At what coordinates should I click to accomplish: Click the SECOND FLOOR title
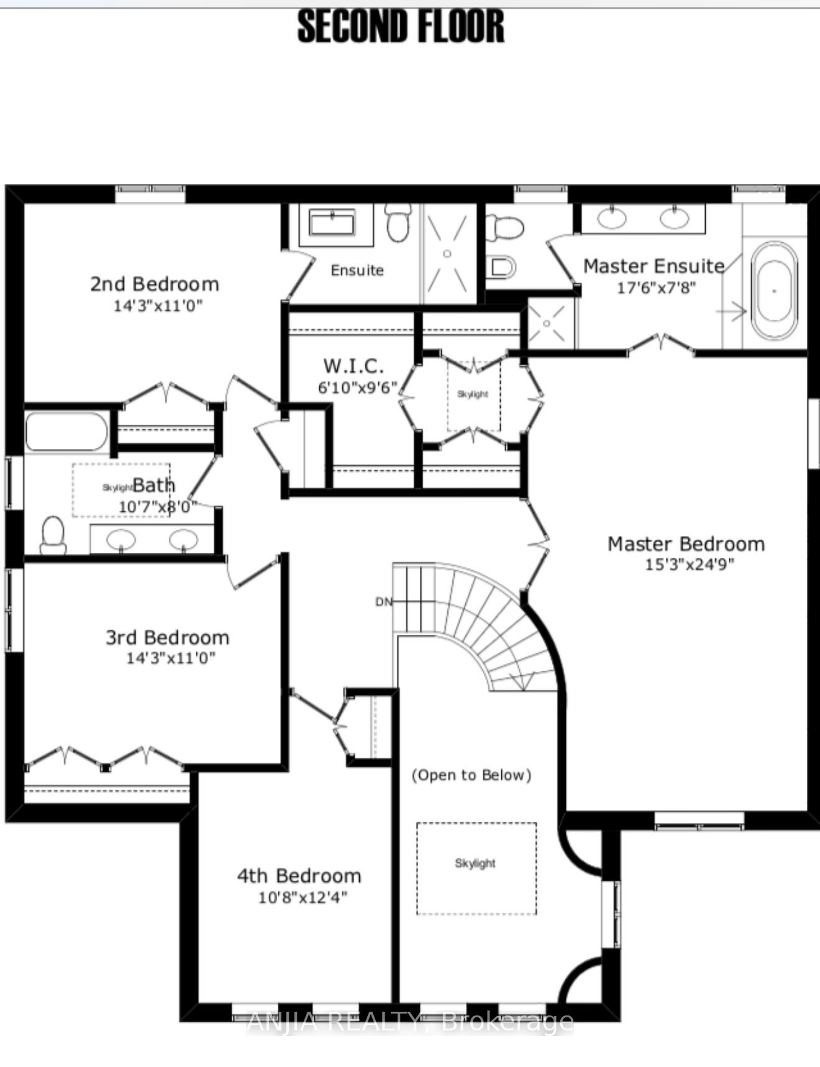(x=401, y=27)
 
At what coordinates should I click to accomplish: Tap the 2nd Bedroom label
(x=155, y=284)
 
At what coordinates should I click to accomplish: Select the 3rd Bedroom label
(x=167, y=637)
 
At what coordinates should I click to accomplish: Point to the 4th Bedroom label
(x=299, y=876)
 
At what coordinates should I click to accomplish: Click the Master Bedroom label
(x=686, y=544)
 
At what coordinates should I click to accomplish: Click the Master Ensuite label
(x=654, y=266)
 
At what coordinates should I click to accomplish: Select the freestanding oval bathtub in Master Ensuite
(x=774, y=290)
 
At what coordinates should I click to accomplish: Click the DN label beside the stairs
(x=383, y=602)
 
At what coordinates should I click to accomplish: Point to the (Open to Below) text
(x=471, y=775)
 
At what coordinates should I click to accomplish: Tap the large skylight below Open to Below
(x=476, y=868)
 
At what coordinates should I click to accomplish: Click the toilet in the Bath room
(x=53, y=535)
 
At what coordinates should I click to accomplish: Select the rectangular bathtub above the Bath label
(x=66, y=432)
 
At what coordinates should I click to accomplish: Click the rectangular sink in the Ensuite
(x=332, y=223)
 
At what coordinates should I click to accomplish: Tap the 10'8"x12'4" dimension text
(x=303, y=897)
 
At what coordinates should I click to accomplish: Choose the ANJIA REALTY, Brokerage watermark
(x=410, y=1021)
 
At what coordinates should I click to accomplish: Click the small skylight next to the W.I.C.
(x=473, y=394)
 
